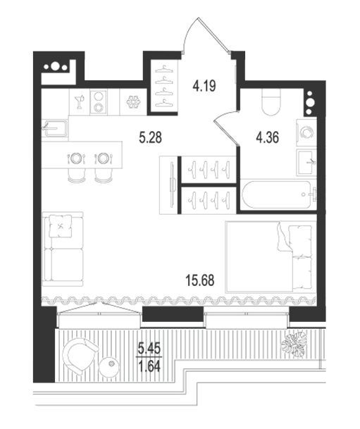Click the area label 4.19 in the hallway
tap(204, 86)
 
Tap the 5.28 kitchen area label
tap(150, 137)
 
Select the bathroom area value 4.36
tap(267, 137)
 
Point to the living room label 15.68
tap(199, 280)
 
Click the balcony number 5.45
tap(149, 349)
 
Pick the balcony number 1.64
tap(149, 366)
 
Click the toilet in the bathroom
tap(271, 103)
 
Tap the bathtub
tap(278, 194)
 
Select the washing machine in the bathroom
tap(306, 132)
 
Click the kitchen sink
tap(55, 129)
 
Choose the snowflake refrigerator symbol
tap(133, 101)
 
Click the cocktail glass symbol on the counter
tap(80, 101)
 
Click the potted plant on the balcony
tap(294, 344)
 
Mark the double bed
tap(268, 257)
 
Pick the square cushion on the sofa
tap(61, 225)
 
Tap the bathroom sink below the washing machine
tap(306, 163)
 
